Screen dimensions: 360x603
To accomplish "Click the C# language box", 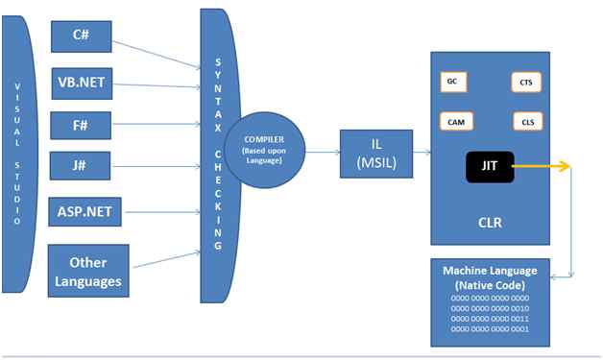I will pyautogui.click(x=81, y=36).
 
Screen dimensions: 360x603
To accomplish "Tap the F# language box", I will pyautogui.click(x=81, y=125).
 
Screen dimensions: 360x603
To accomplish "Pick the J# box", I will pyautogui.click(x=81, y=165).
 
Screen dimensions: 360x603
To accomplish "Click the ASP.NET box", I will pyautogui.click(x=84, y=209).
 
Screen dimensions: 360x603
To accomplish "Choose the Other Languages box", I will pyautogui.click(x=87, y=271).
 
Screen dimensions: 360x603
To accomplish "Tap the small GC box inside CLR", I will pyautogui.click(x=451, y=83).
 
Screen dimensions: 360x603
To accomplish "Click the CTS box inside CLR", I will pyautogui.click(x=526, y=84).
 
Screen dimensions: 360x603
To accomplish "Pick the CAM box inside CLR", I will pyautogui.click(x=454, y=123).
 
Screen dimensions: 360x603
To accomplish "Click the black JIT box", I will pyautogui.click(x=489, y=169).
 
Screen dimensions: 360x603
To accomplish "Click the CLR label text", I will pyautogui.click(x=490, y=223).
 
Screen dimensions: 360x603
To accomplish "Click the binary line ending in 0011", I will pyautogui.click(x=489, y=318).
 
